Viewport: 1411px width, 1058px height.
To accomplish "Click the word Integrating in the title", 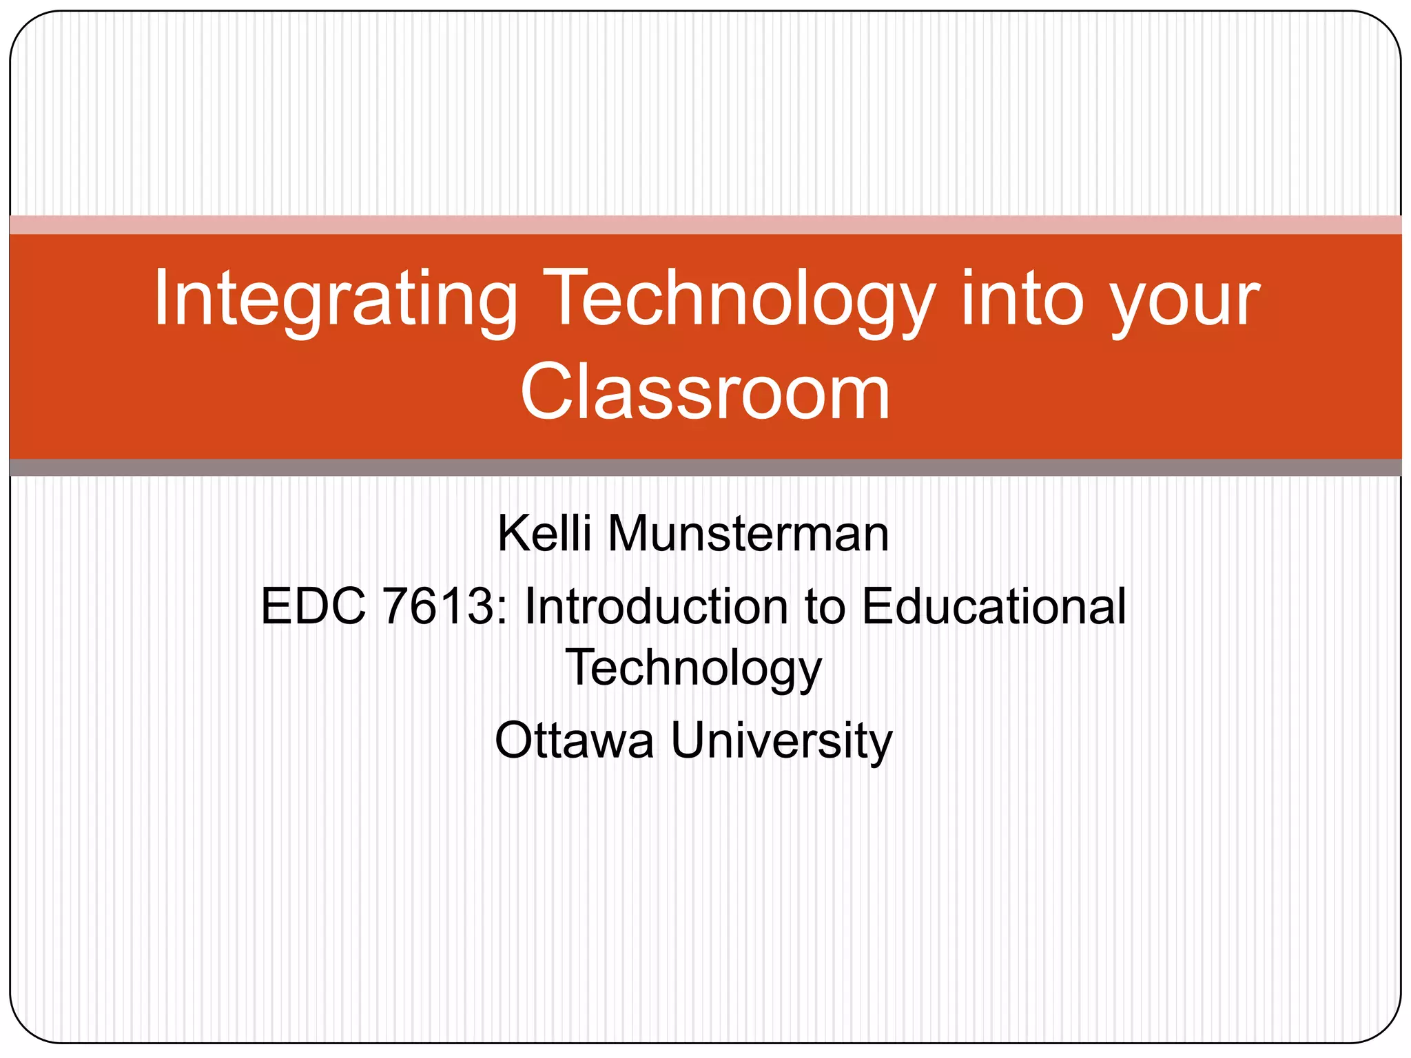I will [x=335, y=300].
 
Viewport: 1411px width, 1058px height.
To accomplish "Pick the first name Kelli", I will [x=544, y=534].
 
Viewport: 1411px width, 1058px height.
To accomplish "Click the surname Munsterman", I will [x=748, y=534].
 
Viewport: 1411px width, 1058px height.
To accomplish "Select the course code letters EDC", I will [x=313, y=606].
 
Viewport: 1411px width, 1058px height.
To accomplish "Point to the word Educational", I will [x=994, y=606].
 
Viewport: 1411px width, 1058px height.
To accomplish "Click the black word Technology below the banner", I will [x=694, y=668].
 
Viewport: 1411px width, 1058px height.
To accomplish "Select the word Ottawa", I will [x=574, y=740].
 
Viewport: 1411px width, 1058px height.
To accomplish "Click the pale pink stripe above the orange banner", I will [x=705, y=225].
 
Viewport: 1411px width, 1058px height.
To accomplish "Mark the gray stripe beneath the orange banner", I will [x=705, y=468].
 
